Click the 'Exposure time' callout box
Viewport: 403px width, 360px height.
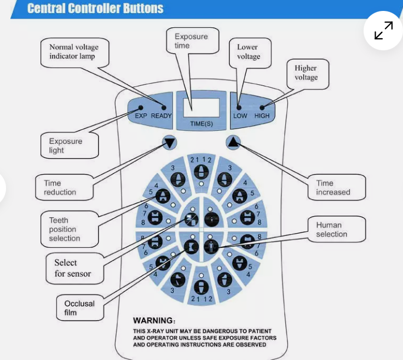(191, 41)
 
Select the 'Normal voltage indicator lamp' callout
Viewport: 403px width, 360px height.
(72, 52)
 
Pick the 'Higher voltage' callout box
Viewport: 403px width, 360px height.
(306, 73)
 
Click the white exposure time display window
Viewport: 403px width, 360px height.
(201, 108)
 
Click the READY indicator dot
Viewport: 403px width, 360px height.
(163, 107)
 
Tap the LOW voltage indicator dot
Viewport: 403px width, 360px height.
(239, 107)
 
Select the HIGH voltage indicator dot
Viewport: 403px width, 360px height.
(262, 107)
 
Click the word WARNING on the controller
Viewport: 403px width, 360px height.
(154, 321)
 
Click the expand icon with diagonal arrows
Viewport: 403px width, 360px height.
(384, 31)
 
